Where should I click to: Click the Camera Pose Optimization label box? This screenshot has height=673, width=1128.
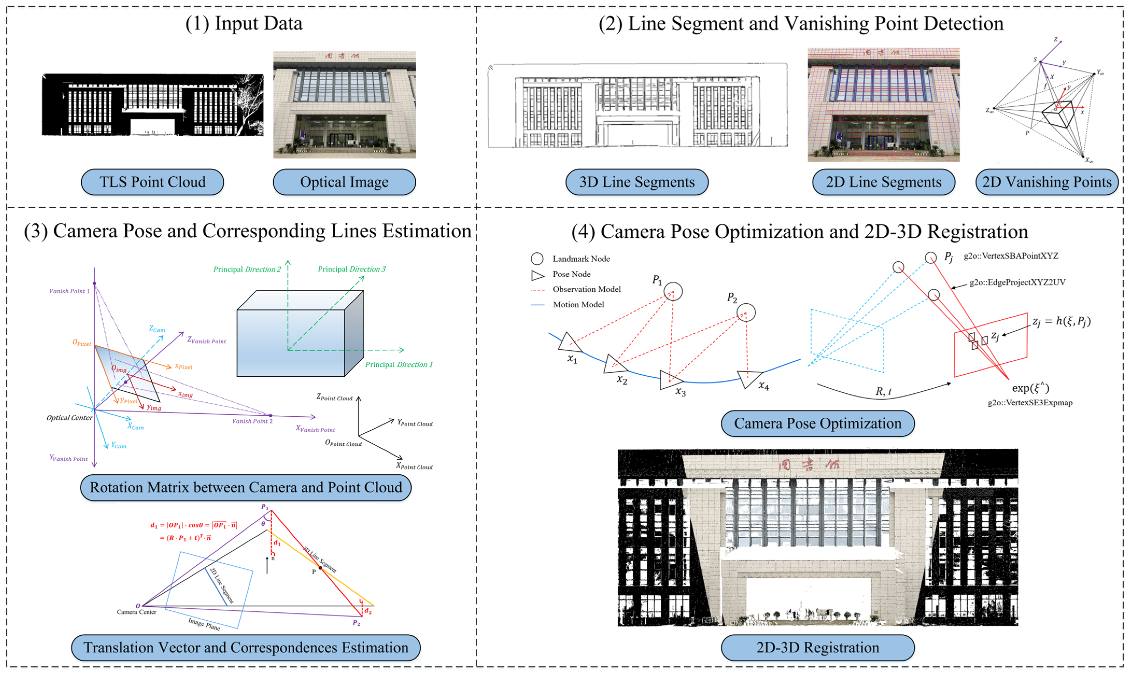point(818,423)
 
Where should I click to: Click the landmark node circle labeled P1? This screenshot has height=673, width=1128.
point(673,291)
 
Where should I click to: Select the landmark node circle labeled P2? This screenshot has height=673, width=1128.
point(746,313)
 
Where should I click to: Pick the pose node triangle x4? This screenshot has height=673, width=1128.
point(749,378)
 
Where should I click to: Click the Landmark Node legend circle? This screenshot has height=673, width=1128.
point(537,259)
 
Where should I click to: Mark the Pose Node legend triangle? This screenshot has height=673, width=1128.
point(537,275)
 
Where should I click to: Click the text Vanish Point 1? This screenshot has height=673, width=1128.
point(69,291)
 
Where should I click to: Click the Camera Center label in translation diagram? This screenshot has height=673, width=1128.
point(137,612)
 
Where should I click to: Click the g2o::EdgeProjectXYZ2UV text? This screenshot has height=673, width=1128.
point(1017,282)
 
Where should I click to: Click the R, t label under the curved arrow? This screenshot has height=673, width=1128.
point(883,391)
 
